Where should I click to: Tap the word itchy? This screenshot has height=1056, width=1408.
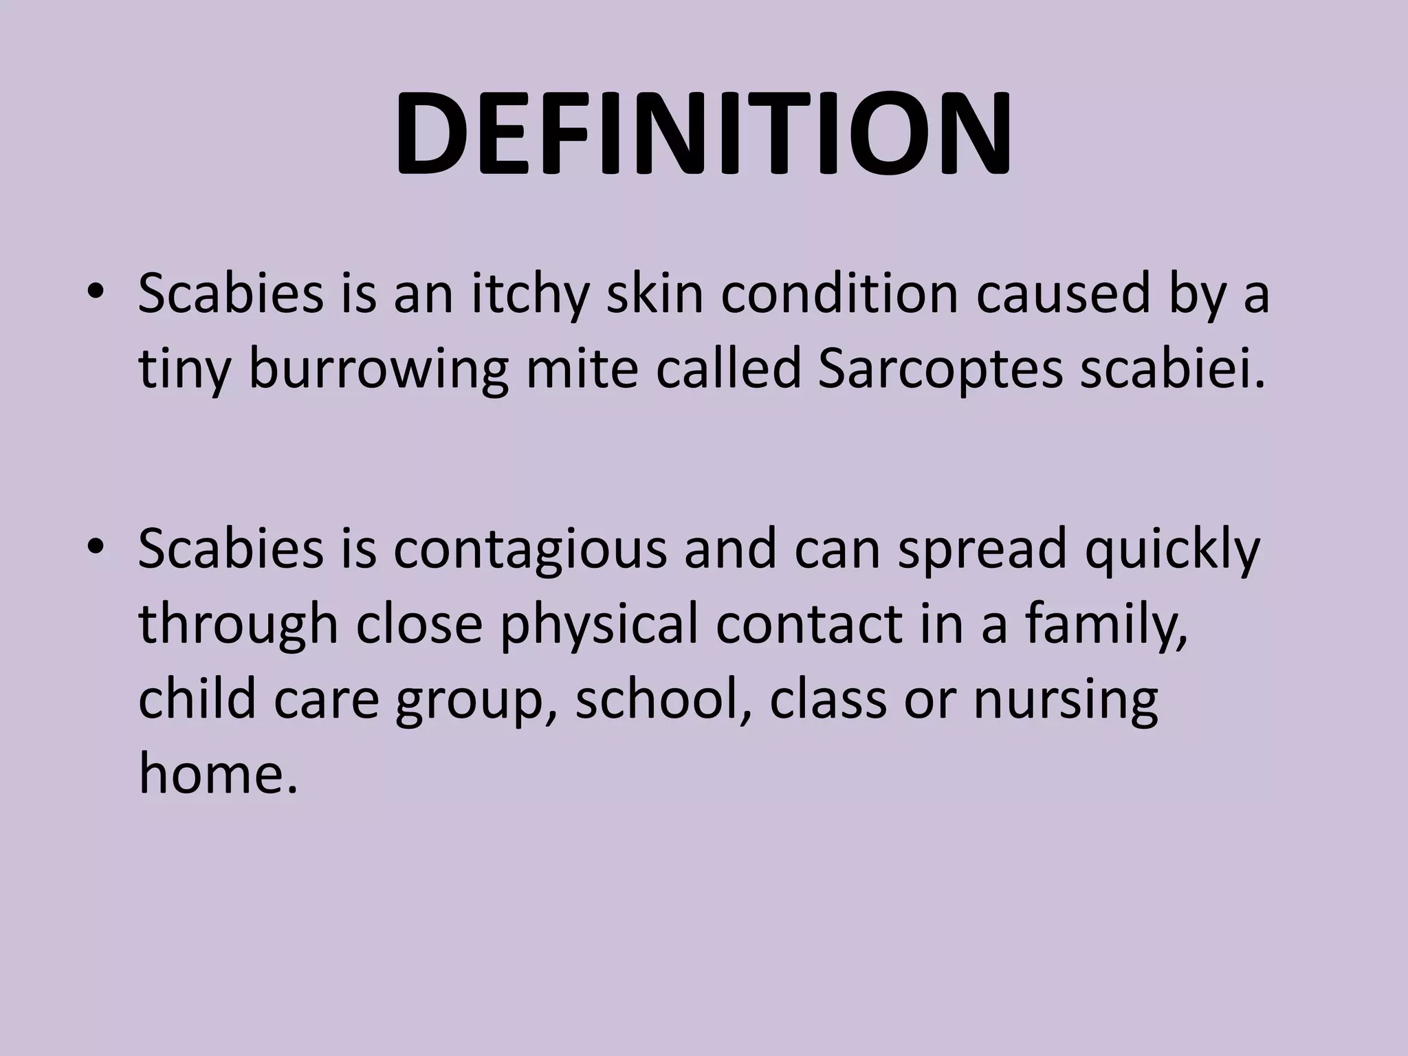(x=530, y=294)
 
